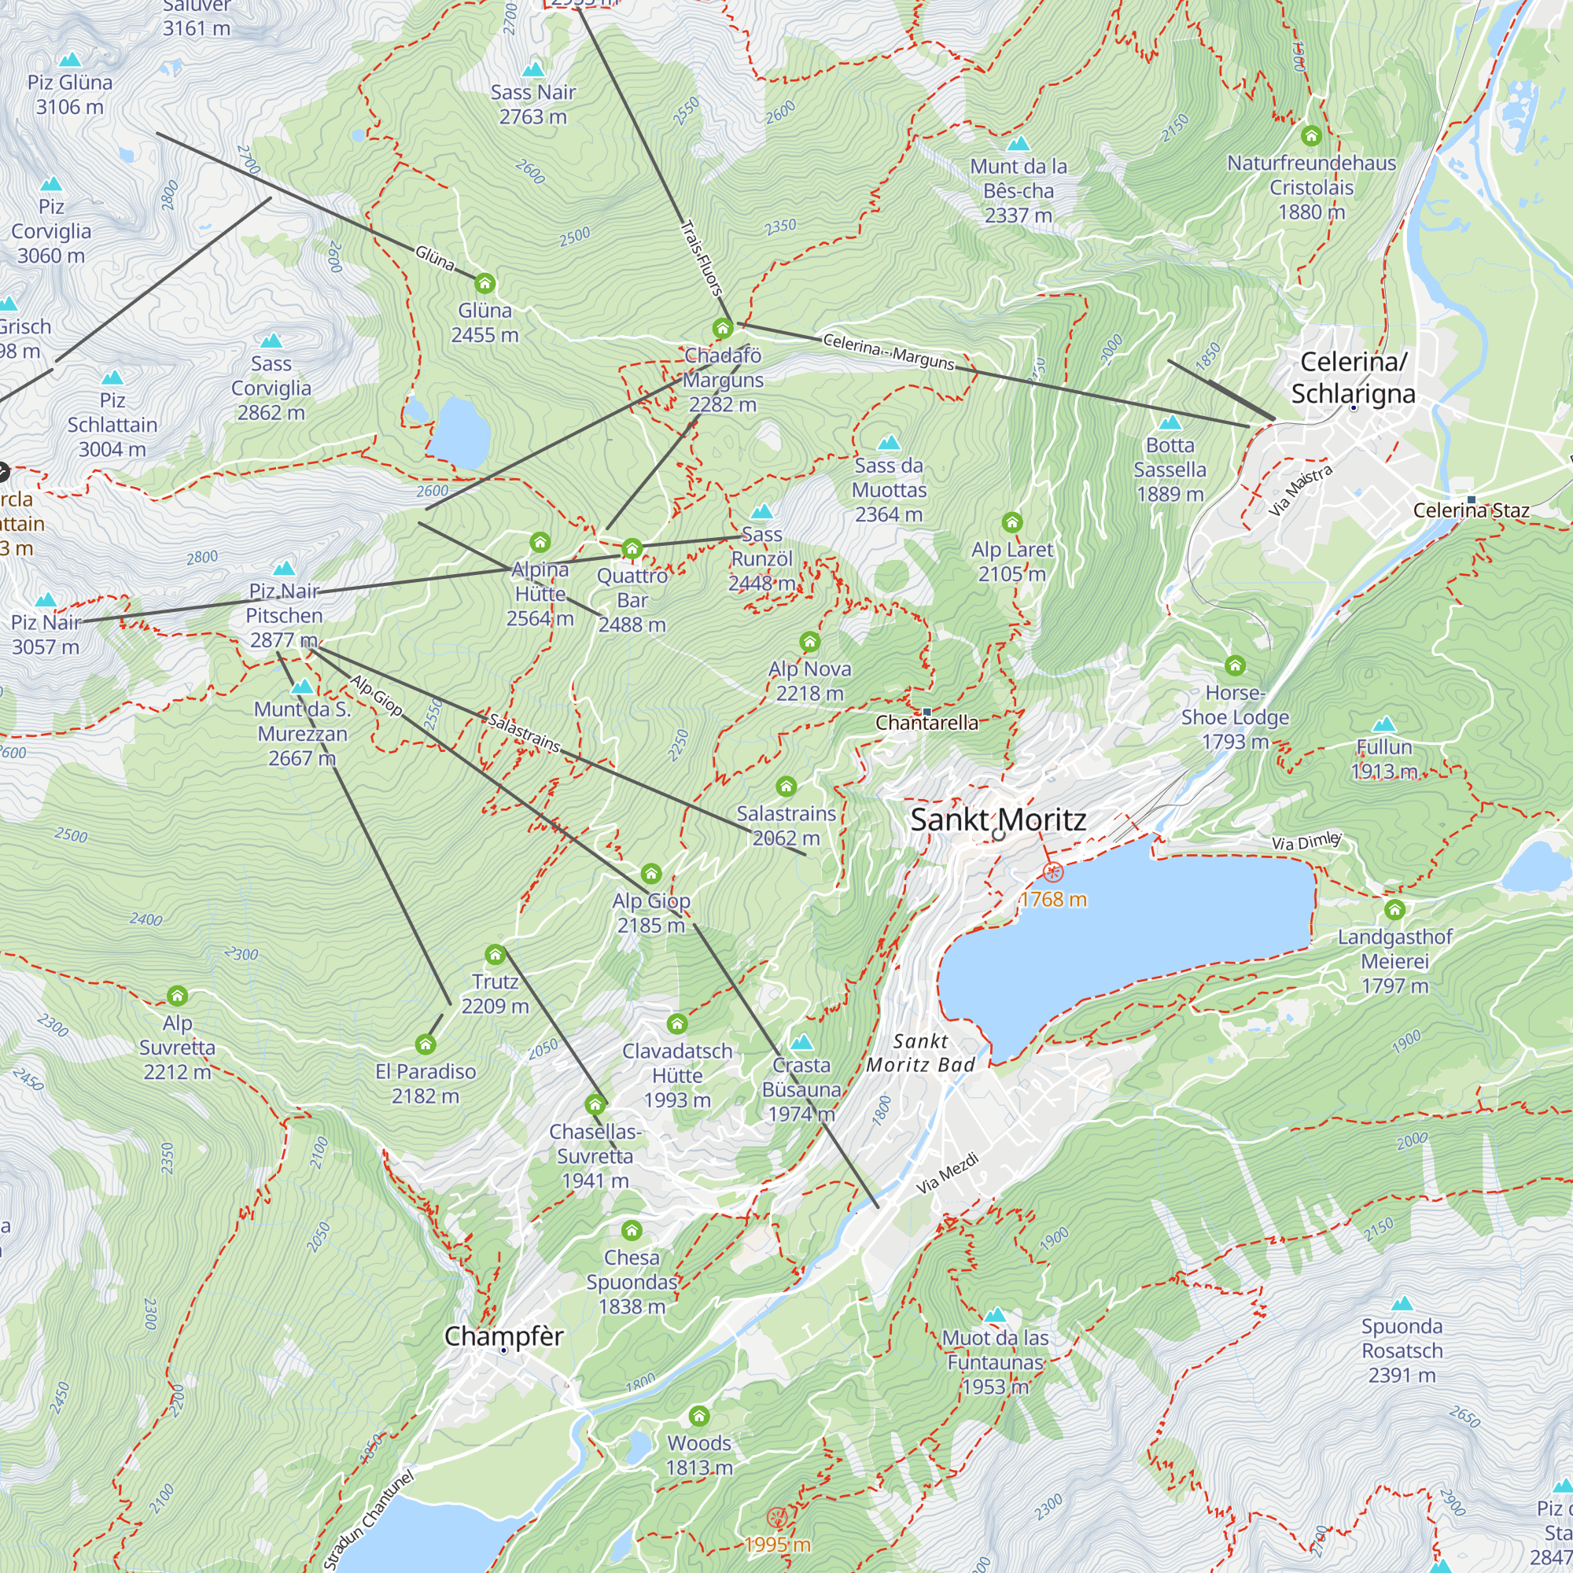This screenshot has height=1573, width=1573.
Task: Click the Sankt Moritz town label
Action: [x=997, y=820]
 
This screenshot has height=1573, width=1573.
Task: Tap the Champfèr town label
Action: [x=503, y=1336]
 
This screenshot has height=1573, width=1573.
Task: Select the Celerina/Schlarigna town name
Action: [x=1352, y=378]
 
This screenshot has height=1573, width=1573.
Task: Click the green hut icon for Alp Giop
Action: [x=650, y=875]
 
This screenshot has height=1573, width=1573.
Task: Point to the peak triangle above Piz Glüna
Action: [x=71, y=61]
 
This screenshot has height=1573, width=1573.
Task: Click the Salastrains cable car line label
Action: [x=524, y=732]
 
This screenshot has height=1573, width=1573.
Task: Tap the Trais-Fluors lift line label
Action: [x=701, y=258]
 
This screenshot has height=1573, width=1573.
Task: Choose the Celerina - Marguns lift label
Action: [x=888, y=351]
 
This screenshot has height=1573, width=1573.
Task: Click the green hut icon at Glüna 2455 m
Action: [x=484, y=284]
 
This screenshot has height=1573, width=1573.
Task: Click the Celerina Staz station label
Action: [x=1471, y=510]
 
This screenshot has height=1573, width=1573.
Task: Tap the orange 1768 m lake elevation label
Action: [x=1053, y=900]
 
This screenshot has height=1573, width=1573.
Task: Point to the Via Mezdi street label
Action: [x=947, y=1173]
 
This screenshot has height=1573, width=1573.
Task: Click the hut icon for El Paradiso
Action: [x=425, y=1044]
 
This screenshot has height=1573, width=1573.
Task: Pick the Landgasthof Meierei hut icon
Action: [x=1394, y=909]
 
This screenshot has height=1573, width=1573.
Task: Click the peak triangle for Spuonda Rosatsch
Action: [x=1402, y=1303]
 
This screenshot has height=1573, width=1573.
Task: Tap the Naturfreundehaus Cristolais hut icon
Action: [x=1311, y=135]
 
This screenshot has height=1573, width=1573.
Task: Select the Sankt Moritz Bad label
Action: [x=920, y=1053]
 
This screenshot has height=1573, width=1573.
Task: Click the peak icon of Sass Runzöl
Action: [x=761, y=512]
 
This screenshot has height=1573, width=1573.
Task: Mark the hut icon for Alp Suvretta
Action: [x=178, y=996]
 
